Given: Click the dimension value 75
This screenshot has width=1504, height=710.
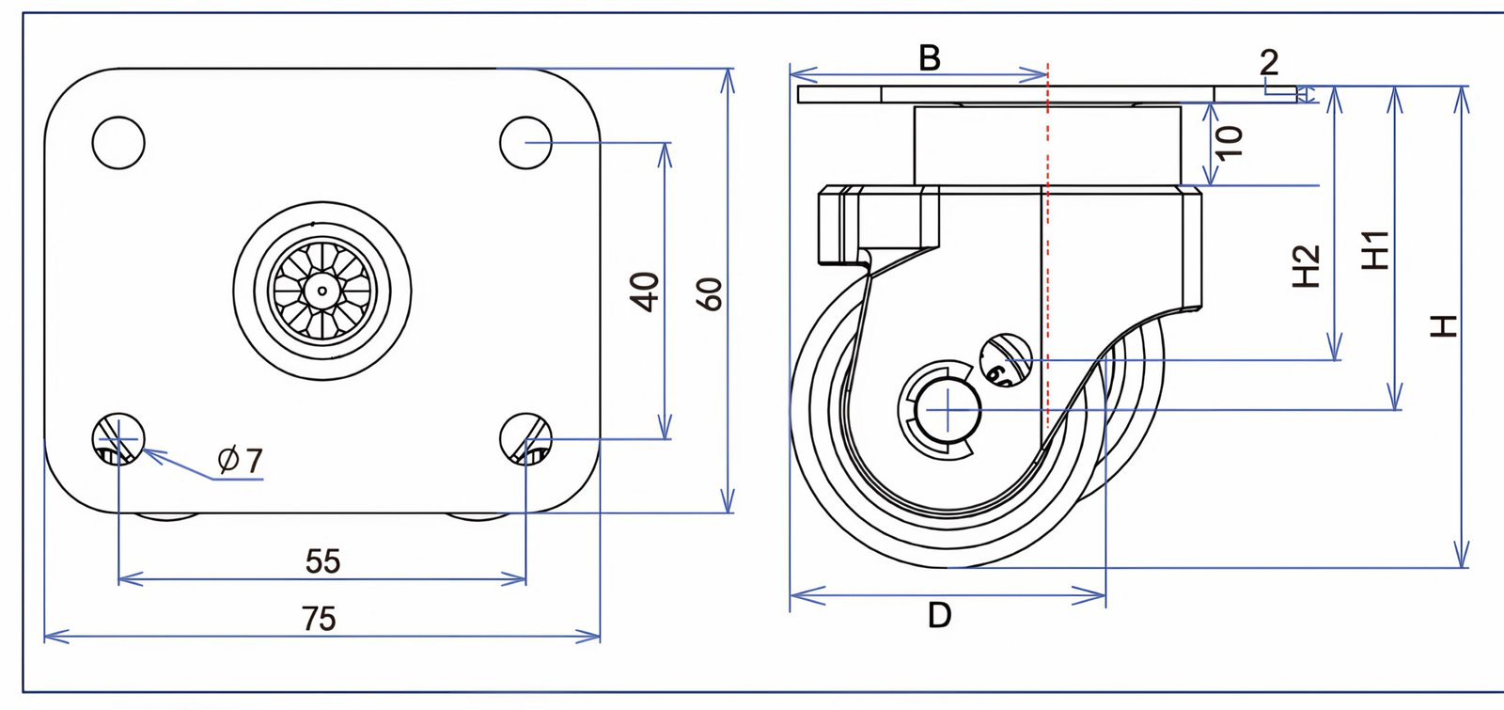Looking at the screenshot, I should [320, 618].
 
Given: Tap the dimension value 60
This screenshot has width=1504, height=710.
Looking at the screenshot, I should [712, 293].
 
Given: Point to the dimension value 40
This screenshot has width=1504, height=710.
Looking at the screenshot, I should [645, 291].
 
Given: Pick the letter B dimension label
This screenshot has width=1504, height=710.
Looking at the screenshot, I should [929, 58].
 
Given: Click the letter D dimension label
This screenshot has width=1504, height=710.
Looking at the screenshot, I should [939, 615].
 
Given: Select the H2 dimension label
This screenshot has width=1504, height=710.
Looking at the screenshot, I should [1306, 265].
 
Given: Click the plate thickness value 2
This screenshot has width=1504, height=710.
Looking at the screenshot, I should [1269, 63].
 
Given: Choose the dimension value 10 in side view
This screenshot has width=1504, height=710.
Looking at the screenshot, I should [1229, 140].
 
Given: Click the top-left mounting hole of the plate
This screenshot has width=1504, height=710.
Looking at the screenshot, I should [118, 142].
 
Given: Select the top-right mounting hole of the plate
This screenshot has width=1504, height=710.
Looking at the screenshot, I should [525, 142].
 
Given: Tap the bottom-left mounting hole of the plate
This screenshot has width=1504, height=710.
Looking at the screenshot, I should [118, 439].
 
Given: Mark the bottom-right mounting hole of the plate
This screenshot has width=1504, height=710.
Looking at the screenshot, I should [525, 439].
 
